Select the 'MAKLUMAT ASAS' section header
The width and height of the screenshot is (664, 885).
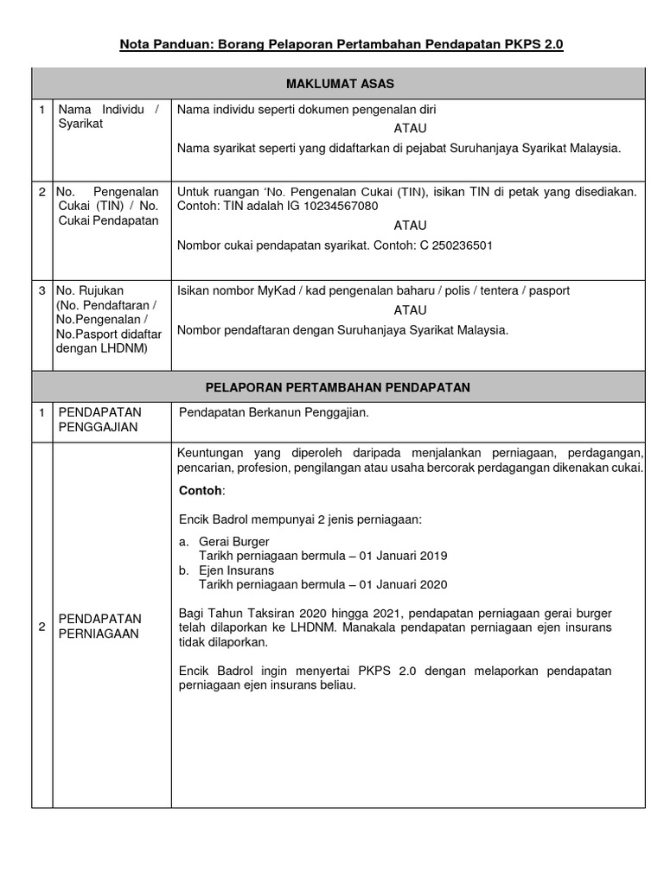click(x=338, y=83)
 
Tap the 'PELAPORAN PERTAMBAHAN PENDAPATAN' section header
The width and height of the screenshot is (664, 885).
click(x=338, y=387)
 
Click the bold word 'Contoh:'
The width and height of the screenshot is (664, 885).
click(x=201, y=491)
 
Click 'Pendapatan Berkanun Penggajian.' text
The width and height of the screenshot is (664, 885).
click(x=273, y=412)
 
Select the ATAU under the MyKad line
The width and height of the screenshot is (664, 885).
click(x=410, y=310)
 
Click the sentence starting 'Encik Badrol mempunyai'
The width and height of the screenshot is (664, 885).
click(x=299, y=519)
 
